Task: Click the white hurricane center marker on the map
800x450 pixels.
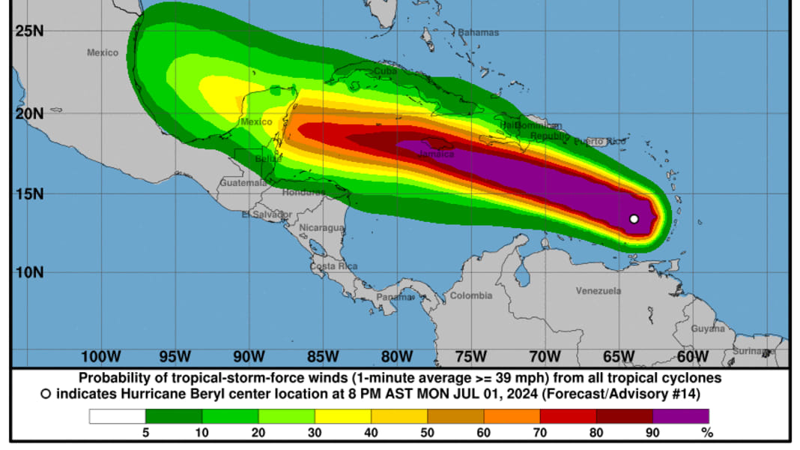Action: tap(634, 219)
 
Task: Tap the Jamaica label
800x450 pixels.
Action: tap(436, 154)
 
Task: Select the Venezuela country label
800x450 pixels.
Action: tap(599, 290)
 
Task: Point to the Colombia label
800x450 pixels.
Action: tap(471, 295)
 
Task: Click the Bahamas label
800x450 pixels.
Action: tap(478, 33)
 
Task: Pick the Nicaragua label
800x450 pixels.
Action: tap(321, 227)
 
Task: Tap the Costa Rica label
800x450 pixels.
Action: tap(333, 266)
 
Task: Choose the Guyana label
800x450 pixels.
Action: tap(708, 328)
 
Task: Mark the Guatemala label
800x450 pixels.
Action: tap(243, 182)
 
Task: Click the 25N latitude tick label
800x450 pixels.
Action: tap(28, 31)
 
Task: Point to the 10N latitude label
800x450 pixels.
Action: tap(28, 271)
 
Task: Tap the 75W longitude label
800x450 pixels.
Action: tap(472, 355)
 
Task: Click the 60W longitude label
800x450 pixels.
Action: tap(694, 355)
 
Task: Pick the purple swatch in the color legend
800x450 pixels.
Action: tap(680, 416)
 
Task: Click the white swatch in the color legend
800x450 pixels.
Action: tap(117, 416)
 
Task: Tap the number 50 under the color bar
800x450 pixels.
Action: tap(428, 433)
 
